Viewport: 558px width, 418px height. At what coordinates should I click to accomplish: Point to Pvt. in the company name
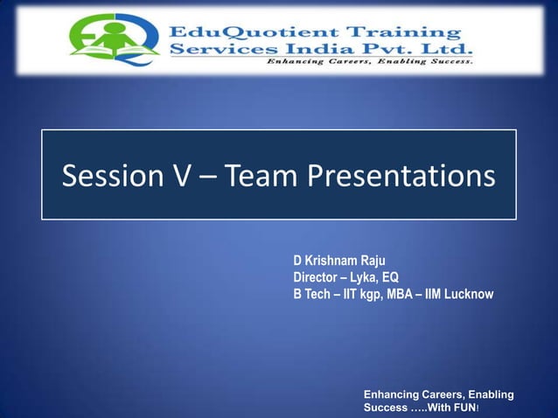[x=386, y=50]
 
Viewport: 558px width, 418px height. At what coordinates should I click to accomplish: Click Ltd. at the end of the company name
[x=446, y=50]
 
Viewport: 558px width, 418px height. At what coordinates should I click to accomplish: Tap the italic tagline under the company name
[x=371, y=64]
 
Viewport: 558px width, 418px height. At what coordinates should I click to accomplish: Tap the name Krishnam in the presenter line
[x=332, y=261]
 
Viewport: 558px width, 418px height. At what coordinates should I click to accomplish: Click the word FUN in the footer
[x=464, y=408]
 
